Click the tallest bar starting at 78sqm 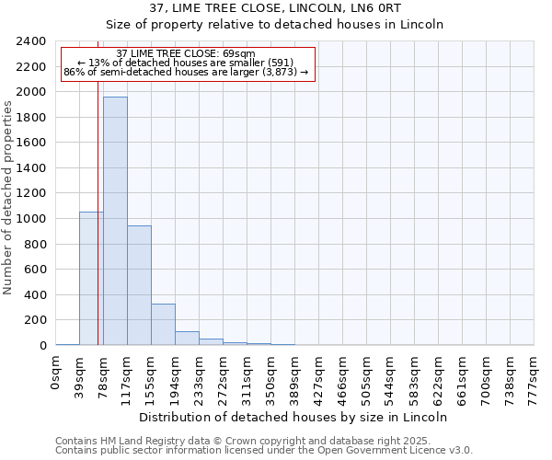coord(115,221)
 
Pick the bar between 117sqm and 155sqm coord(139,285)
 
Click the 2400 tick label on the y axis coord(31,42)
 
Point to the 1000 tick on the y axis coord(31,219)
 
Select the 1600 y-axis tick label coord(31,144)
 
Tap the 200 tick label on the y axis coord(35,320)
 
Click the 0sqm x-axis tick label coord(56,374)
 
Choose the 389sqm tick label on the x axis coord(295,375)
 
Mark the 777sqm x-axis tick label coord(535,375)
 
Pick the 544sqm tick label coord(391,375)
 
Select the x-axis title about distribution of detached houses coord(295,417)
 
